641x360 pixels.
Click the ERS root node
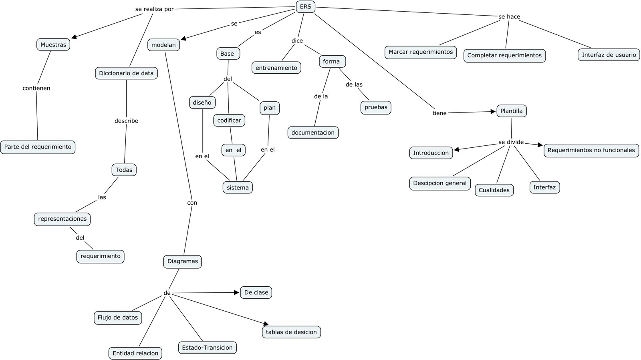tap(305, 7)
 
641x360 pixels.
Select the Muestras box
tap(53, 44)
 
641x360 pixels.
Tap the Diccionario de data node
tap(126, 73)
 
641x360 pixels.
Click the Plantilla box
tap(512, 111)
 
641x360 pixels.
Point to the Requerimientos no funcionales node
tap(591, 150)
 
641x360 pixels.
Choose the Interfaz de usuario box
tap(609, 55)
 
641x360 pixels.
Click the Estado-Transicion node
tap(207, 347)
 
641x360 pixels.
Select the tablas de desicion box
tap(291, 332)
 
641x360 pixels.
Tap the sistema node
tap(238, 187)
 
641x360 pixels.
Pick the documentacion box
tap(313, 133)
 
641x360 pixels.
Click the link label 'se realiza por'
tap(155, 9)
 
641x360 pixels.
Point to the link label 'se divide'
tap(511, 142)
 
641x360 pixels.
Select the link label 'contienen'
tap(36, 88)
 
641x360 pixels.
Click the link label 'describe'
tap(126, 121)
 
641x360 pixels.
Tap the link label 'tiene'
tap(439, 113)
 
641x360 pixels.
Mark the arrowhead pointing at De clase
tap(237, 293)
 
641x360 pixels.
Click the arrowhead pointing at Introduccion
tap(456, 150)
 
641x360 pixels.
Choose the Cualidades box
tap(494, 190)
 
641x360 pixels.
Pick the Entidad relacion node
tap(135, 353)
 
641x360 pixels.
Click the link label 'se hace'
tap(509, 17)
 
